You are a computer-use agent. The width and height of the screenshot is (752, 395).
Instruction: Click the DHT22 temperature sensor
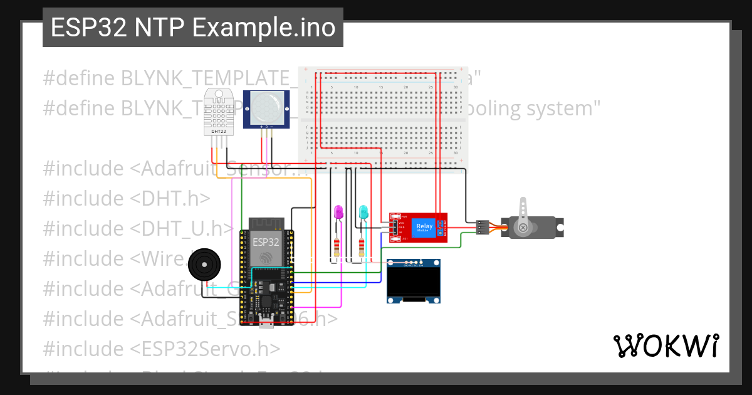219,113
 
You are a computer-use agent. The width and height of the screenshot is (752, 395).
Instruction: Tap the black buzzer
205,265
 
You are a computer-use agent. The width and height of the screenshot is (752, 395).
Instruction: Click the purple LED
339,213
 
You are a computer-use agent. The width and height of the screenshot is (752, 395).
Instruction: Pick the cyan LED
363,213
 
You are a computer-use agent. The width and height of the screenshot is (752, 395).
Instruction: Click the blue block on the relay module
424,227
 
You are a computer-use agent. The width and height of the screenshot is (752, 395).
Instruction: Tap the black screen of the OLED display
414,283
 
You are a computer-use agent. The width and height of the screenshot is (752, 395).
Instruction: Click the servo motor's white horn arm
523,212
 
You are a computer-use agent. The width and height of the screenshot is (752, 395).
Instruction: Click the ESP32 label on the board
265,242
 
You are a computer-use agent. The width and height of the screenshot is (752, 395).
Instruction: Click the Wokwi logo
666,345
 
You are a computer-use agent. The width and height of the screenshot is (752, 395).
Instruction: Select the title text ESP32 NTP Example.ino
193,28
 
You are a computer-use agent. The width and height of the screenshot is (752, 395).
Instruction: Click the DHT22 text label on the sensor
219,132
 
